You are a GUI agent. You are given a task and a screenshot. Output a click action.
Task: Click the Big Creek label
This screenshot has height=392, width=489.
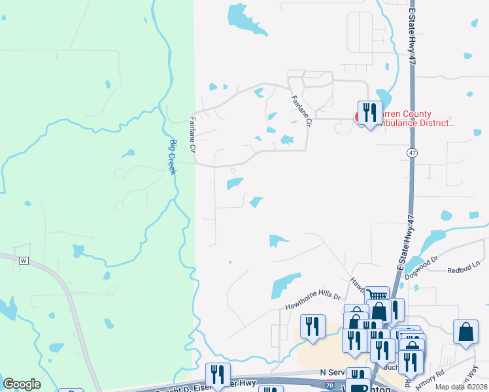pos(173,157)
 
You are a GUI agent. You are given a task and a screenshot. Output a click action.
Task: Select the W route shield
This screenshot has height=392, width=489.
pos(24,260)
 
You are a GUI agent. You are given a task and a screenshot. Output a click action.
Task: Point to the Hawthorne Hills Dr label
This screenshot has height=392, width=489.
pos(314,301)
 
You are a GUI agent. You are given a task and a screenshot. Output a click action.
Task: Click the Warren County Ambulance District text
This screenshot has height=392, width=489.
pos(412,118)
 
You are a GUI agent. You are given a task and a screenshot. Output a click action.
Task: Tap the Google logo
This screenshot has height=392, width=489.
pos(22,384)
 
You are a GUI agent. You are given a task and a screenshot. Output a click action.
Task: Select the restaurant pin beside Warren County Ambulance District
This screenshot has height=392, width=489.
pos(369,113)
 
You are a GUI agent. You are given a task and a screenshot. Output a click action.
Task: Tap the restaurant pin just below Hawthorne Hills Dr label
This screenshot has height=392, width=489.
pos(312,326)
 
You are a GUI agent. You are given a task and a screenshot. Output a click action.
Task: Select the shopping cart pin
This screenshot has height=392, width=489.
pos(377,297)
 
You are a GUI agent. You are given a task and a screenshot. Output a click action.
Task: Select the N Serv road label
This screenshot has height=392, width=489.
pos(331,371)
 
